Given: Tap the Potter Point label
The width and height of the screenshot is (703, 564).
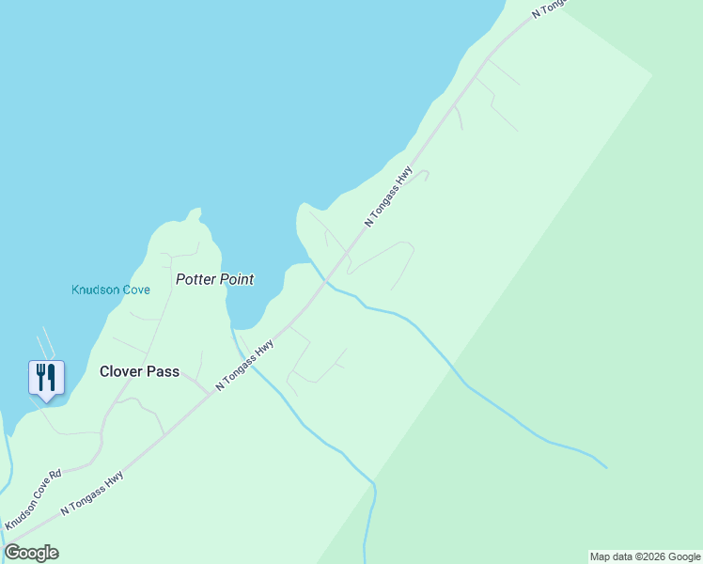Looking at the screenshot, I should pos(215,279).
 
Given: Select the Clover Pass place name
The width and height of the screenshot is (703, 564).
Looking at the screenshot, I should pos(139,371).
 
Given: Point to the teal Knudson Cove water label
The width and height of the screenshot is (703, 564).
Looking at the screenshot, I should pos(111,290).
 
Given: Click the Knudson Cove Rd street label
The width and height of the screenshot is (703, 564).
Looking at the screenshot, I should pos(33,498).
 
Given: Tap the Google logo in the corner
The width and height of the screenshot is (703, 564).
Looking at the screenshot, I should pos(31,553).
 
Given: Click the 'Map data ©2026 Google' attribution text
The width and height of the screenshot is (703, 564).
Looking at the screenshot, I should pos(645,556).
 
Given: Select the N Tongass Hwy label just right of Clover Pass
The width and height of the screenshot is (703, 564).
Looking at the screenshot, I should pos(244,365).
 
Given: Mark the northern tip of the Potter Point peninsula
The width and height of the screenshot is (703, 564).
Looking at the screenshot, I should pos(195,211).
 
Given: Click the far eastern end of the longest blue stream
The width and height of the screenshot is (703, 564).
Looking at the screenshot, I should pos(606,467).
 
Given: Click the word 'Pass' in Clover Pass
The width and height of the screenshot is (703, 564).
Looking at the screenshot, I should pos(163,371).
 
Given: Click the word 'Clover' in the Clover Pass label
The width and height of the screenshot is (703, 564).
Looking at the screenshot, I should pos(121,371).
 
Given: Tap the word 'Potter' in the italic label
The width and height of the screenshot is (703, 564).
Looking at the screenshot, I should pos(195,279).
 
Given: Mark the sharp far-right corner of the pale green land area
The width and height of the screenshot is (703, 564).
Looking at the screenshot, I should pos(652,73).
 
